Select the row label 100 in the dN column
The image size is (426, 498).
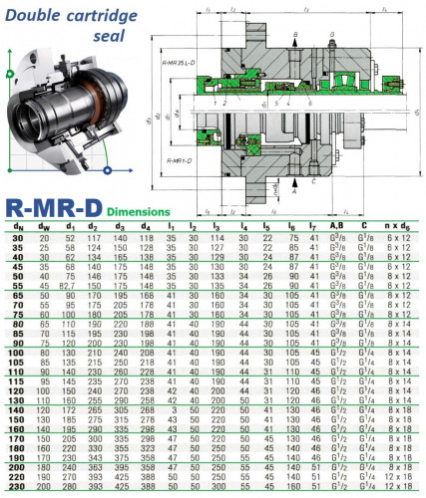click(18, 352)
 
